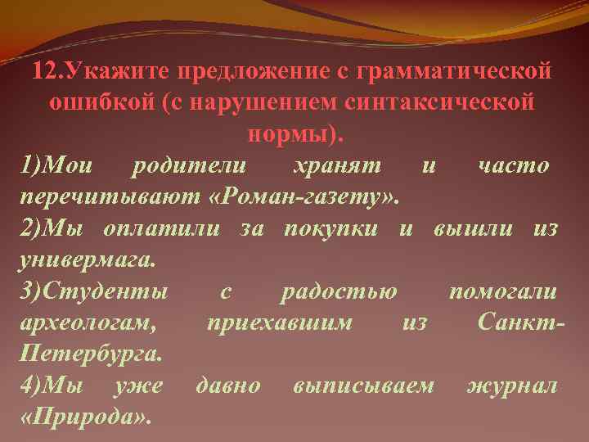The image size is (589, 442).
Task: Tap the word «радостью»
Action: (339, 291)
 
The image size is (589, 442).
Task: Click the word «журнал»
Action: (511, 386)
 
